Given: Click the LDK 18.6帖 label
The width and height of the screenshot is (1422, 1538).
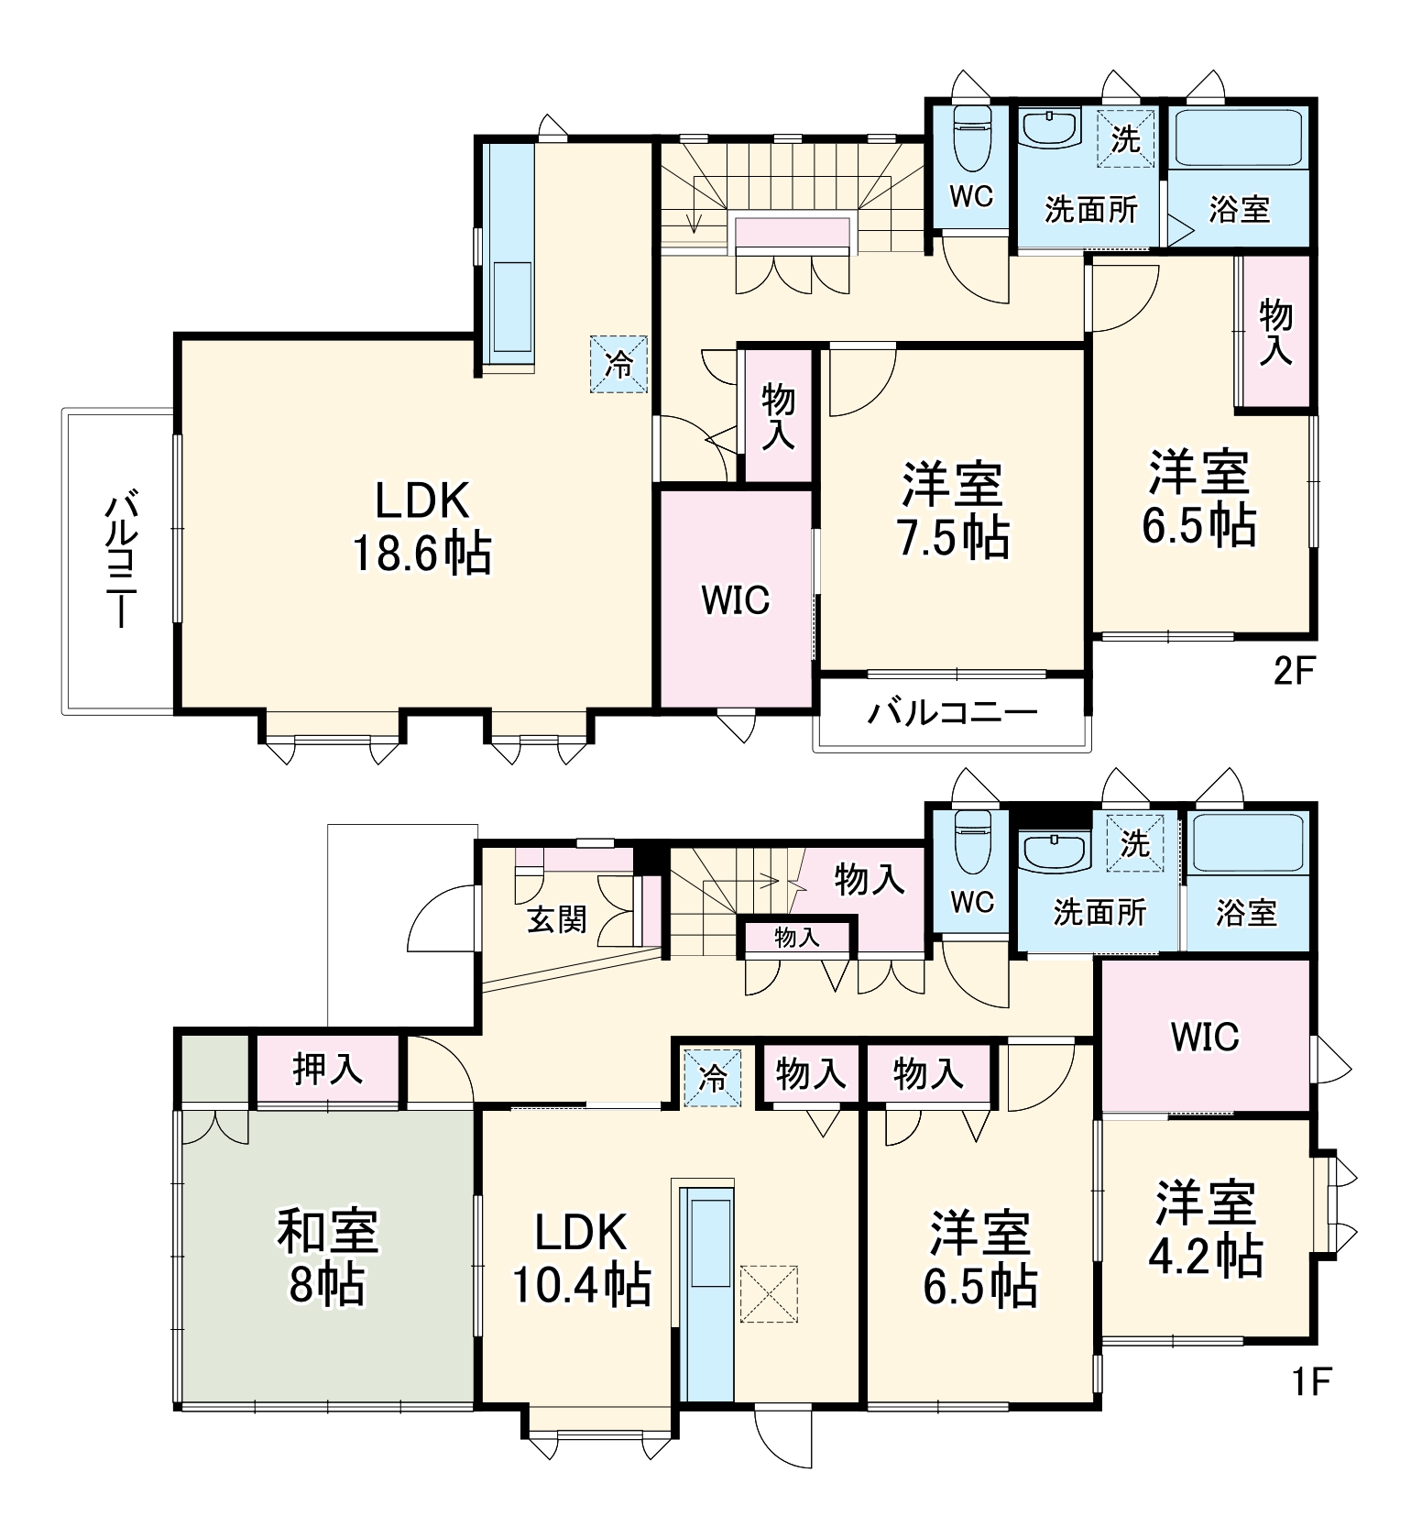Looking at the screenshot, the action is (x=422, y=528).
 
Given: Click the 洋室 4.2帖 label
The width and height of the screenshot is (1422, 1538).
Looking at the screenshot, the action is (x=1206, y=1230).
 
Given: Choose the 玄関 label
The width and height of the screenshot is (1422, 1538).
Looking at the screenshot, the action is (x=557, y=918).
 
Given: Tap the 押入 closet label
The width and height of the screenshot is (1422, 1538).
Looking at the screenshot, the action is (x=327, y=1069).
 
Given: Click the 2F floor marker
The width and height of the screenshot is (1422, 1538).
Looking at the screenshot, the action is (x=1295, y=674).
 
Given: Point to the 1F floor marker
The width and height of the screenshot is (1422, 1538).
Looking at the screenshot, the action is (x=1311, y=1381).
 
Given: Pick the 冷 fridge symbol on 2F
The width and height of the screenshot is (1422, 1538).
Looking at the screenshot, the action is (x=619, y=364).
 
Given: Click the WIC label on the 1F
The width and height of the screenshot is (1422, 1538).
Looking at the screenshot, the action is (x=1205, y=1037).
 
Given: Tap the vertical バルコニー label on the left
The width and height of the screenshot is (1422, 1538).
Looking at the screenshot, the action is (x=120, y=560).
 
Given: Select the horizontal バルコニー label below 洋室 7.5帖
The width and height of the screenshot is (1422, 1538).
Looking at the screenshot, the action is (x=953, y=712).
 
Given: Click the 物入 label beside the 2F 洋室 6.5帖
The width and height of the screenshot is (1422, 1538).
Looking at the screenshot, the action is (x=1274, y=331).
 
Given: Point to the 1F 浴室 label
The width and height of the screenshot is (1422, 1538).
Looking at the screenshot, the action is (x=1246, y=912).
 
